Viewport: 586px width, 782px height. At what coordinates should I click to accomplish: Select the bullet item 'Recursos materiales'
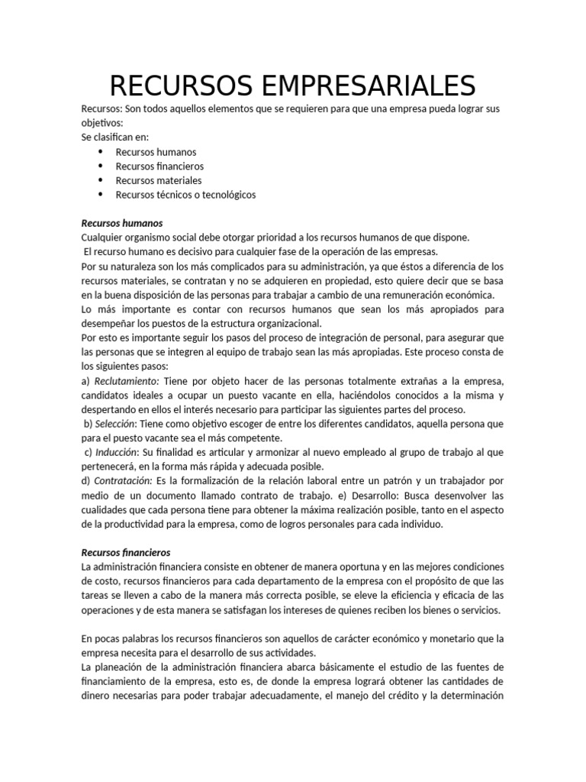point(159,180)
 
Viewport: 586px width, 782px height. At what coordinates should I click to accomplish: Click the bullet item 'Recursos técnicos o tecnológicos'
point(185,195)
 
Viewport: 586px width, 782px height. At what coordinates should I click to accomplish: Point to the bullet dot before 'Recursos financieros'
point(100,166)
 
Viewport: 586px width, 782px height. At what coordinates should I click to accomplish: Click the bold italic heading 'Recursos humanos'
point(121,223)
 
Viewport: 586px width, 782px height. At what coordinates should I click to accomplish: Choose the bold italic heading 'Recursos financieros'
point(126,552)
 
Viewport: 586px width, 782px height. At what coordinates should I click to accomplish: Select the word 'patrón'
point(410,481)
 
